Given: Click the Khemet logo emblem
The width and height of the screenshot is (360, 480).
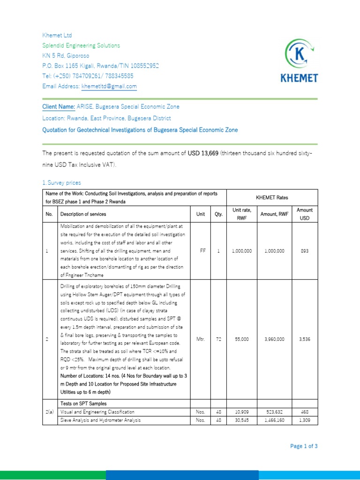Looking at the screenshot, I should pos(300,54).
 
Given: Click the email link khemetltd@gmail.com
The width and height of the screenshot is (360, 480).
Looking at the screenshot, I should pos(109,86).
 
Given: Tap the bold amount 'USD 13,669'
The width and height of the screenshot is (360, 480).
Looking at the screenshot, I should pos(203,153).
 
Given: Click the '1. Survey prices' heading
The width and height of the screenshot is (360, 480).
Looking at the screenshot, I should pos(61,183).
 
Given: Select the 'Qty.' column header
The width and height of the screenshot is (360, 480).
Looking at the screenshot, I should pos(218,214).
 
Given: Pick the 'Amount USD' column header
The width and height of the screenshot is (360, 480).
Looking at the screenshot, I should pos(305,214).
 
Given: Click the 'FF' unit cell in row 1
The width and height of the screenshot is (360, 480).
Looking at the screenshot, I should pos(203,251).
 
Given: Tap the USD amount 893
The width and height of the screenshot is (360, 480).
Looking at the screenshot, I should pos(305,251).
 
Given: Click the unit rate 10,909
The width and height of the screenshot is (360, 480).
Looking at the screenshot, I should pos(242,412).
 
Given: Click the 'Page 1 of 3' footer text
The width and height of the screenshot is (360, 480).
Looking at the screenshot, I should pos(304,446).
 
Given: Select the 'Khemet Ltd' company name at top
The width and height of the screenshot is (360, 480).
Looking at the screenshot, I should pos(57,36).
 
